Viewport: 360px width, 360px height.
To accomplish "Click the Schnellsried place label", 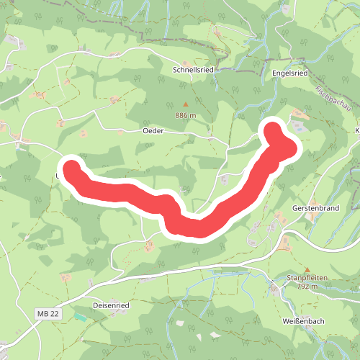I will coord(193,70).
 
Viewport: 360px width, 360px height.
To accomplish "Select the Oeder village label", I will coord(153,130).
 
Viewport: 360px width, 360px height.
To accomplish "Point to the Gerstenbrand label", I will coord(315,207).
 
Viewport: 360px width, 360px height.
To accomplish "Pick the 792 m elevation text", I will coord(307,286).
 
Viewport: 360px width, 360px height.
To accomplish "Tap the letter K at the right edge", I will coord(357,131).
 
